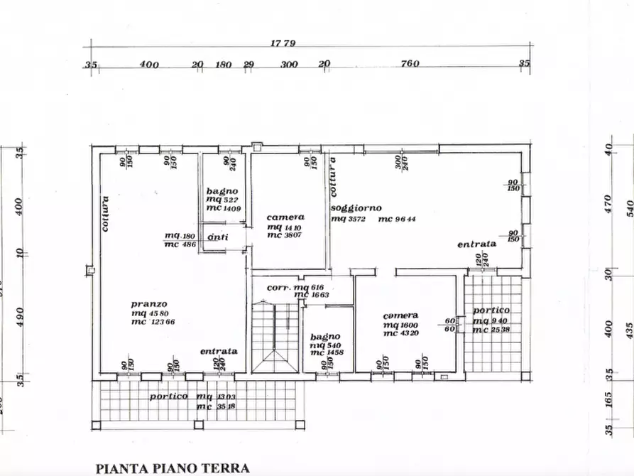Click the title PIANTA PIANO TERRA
(173, 468)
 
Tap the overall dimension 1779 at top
(283, 43)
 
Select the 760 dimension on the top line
(410, 64)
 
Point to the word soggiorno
(356, 207)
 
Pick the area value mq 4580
(150, 313)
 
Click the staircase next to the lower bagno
(275, 335)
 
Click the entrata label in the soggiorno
(476, 244)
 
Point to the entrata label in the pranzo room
(219, 351)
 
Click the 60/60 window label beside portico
(449, 325)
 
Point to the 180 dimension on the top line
(224, 65)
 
